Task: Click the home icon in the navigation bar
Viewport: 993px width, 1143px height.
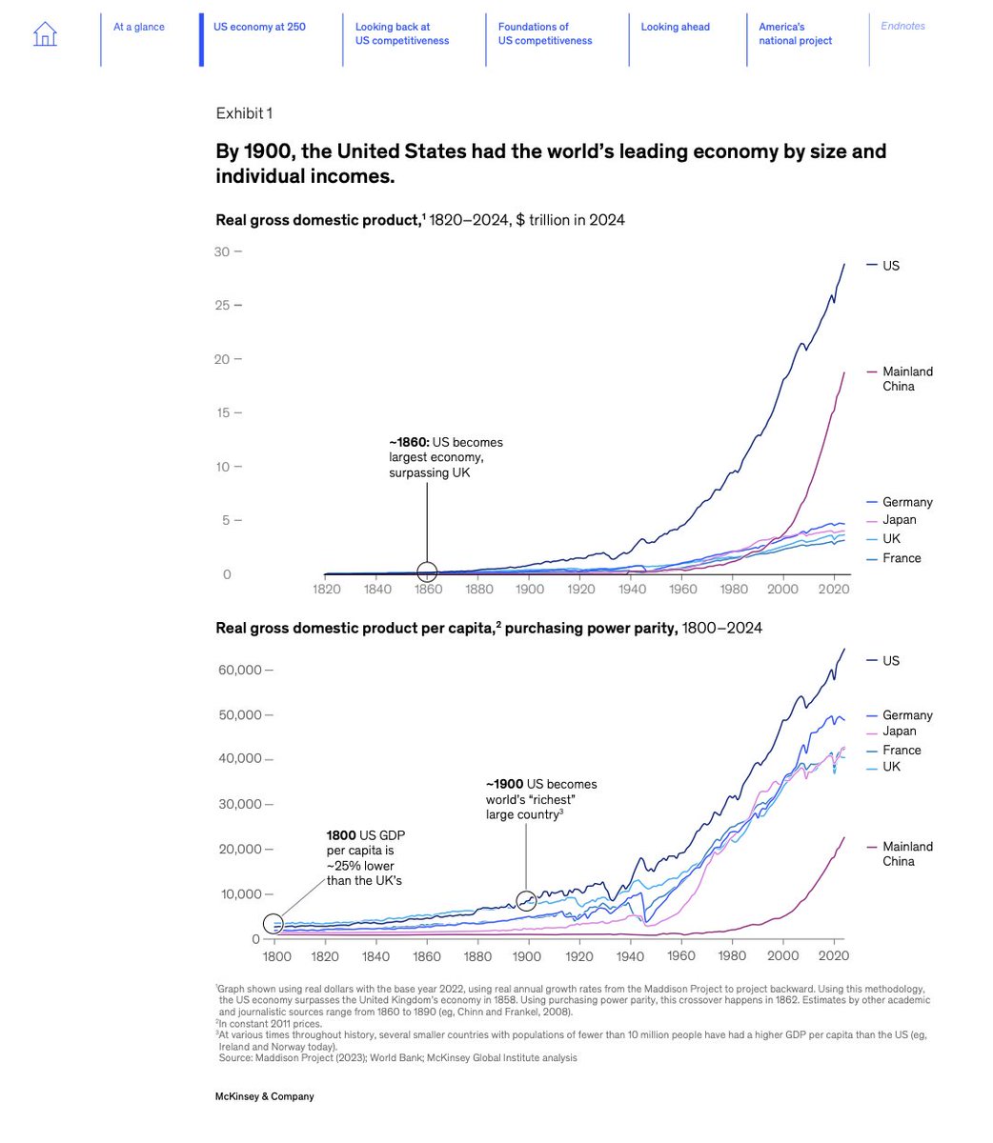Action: point(45,34)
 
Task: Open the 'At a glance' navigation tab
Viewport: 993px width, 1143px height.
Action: point(138,27)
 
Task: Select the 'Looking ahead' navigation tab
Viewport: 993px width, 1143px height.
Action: point(675,27)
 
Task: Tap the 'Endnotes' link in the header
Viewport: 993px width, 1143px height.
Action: point(902,27)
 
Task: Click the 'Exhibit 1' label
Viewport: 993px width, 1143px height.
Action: point(244,113)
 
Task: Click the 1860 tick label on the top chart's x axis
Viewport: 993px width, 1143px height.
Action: point(428,589)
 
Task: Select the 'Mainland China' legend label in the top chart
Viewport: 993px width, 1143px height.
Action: point(907,379)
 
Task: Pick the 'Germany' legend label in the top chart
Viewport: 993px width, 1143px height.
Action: point(907,502)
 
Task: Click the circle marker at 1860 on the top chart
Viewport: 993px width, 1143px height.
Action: point(427,571)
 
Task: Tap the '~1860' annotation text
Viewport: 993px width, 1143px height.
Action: point(409,443)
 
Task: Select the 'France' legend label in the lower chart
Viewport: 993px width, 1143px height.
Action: point(902,751)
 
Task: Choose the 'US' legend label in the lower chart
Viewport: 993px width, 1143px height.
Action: point(891,661)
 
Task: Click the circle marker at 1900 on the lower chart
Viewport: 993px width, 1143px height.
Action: point(526,900)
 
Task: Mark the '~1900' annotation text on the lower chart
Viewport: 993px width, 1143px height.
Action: point(505,785)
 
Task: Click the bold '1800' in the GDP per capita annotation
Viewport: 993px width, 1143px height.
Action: point(341,836)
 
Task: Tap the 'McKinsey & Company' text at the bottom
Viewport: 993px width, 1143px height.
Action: point(264,1096)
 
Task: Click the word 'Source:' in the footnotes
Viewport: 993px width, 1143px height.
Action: point(234,1057)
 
